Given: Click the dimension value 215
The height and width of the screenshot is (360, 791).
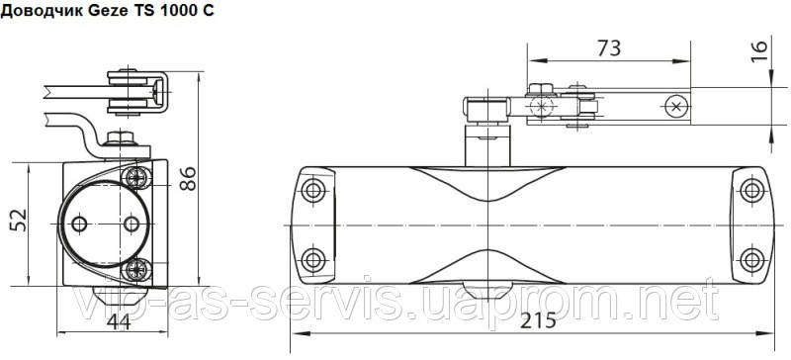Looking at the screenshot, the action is click(x=537, y=320).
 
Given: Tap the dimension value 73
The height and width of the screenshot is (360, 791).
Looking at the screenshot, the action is click(x=609, y=48).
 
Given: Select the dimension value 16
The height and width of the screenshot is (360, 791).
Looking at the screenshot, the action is click(x=759, y=51).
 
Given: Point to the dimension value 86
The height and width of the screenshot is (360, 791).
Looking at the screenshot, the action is click(x=188, y=178).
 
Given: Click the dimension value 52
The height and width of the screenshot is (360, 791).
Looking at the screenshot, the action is click(x=19, y=221).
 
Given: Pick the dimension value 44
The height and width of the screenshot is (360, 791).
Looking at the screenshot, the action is click(x=119, y=321).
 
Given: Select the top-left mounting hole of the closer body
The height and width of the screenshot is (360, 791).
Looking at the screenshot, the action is click(x=313, y=190).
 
